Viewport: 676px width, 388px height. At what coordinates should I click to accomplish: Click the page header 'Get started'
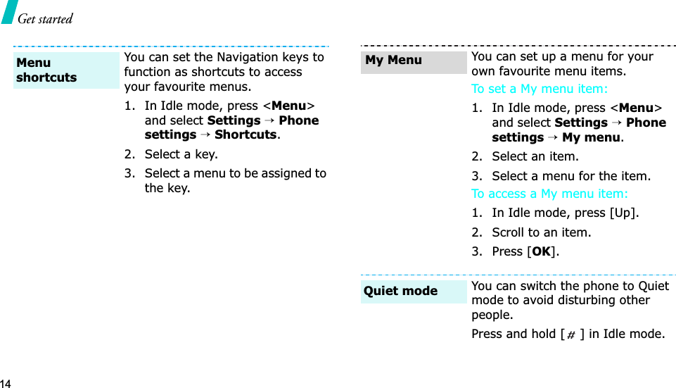45,19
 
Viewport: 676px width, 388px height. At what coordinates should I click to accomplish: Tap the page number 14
6,383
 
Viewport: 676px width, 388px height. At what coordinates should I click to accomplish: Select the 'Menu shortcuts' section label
46,70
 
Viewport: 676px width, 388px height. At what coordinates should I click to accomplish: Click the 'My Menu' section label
393,60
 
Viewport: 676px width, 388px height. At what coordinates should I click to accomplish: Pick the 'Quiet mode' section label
400,291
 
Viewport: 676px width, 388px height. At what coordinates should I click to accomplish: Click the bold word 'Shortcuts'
245,134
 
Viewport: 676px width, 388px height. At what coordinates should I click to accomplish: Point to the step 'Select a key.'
181,154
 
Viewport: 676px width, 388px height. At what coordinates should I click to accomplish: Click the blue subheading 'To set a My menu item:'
539,89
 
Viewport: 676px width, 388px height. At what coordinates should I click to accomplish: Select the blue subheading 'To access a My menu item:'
549,194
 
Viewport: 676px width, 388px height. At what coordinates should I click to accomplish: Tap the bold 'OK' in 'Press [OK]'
541,251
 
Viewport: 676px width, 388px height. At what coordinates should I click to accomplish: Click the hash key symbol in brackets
570,334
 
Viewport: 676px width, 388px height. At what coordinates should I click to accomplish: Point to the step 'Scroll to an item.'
541,232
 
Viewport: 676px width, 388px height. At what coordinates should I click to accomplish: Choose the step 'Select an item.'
535,156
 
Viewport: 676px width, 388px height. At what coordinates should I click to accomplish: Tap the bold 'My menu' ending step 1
591,137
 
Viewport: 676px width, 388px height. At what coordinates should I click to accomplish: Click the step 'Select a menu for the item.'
570,176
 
